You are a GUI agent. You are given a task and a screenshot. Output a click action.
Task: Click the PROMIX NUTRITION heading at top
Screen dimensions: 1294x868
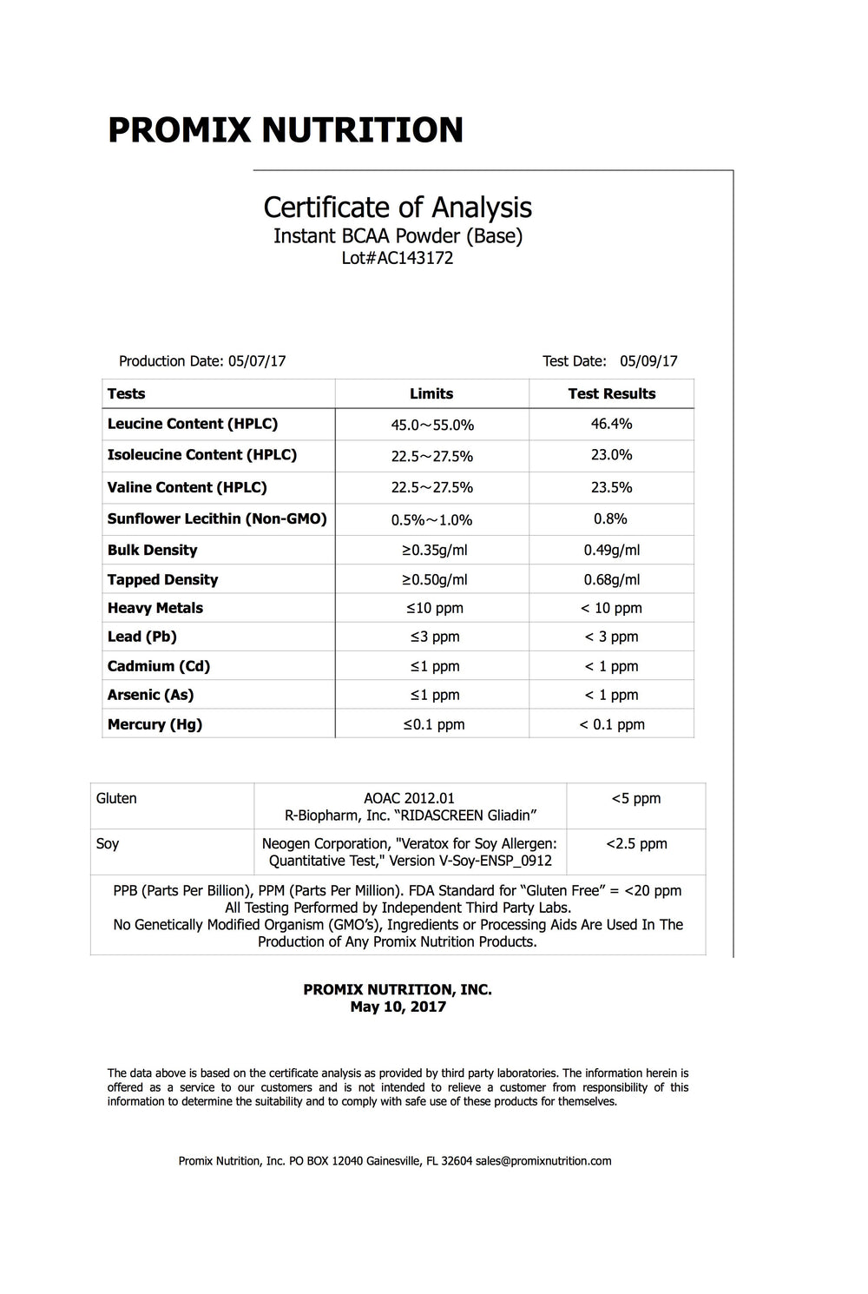point(285,130)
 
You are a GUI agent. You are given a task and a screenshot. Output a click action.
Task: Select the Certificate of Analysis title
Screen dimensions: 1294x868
point(398,208)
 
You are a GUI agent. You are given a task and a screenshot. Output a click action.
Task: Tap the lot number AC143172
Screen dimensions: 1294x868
point(415,258)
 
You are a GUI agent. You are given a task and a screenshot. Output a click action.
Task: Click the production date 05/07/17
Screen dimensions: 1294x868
point(257,361)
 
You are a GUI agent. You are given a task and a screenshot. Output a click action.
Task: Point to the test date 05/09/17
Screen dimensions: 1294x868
point(648,361)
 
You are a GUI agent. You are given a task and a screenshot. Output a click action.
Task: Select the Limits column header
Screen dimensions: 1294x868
point(431,393)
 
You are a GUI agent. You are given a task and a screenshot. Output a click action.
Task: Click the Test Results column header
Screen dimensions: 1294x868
point(611,393)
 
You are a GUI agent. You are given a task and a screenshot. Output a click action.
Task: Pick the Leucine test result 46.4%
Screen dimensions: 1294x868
point(611,424)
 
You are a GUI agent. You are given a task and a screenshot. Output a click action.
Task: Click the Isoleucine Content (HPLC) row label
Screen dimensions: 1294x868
point(201,455)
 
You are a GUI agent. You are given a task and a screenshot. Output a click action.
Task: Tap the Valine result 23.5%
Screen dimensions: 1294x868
point(611,487)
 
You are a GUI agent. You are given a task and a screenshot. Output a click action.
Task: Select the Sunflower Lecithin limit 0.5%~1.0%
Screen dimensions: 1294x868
point(431,519)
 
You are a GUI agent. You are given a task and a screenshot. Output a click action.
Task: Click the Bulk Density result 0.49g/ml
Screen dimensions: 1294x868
point(611,550)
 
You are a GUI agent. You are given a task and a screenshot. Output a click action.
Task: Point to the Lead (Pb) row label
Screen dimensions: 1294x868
point(141,637)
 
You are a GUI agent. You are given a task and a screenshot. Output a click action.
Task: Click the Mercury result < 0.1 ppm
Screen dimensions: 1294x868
point(611,724)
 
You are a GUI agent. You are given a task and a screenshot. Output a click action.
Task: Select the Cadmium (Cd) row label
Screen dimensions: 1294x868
point(158,666)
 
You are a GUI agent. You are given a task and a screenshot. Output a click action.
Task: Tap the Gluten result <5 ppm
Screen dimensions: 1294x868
point(635,798)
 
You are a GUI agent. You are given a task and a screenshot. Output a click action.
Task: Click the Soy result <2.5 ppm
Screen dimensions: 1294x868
point(636,843)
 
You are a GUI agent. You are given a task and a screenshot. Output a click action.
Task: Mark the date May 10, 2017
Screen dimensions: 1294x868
point(398,1007)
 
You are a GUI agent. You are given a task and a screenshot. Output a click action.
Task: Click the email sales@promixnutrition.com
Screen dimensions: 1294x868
point(543,1160)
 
